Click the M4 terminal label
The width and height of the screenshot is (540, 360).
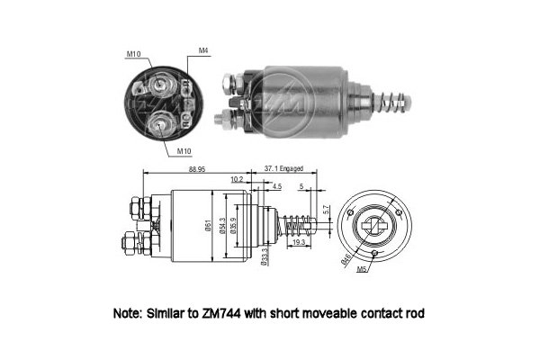[x=203, y=50]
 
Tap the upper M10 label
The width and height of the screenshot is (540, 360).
[x=133, y=55]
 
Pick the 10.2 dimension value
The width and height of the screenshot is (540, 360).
[x=237, y=179]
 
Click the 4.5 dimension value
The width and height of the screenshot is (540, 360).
[x=276, y=186]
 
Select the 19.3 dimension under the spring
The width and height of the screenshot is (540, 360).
[x=299, y=242]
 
